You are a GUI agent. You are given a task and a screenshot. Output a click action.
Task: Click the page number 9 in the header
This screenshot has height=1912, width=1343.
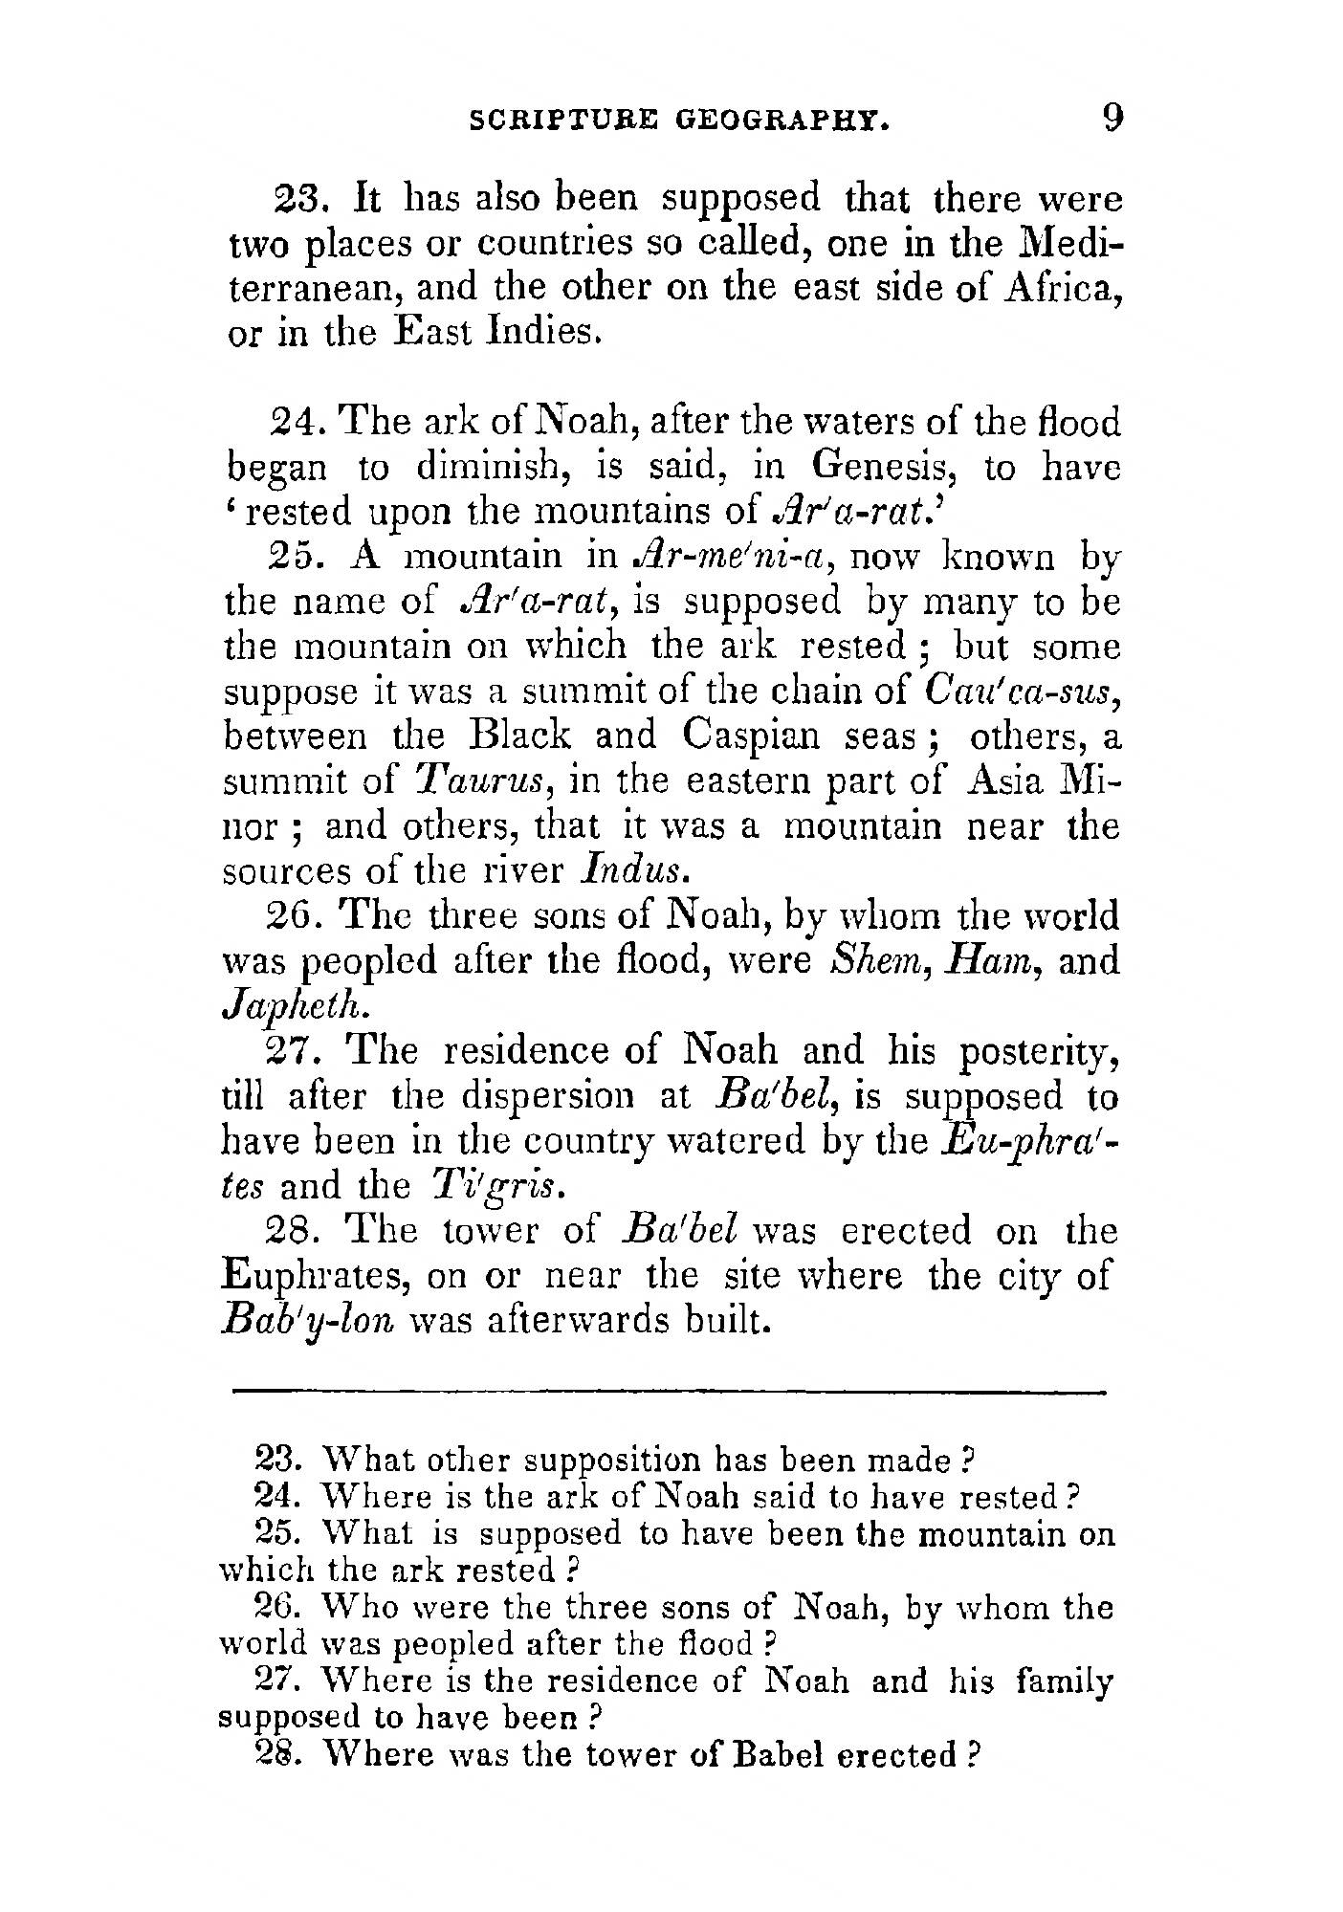[x=1112, y=119]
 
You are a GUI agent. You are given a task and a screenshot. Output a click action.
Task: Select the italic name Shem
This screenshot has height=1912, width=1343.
[x=867, y=959]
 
